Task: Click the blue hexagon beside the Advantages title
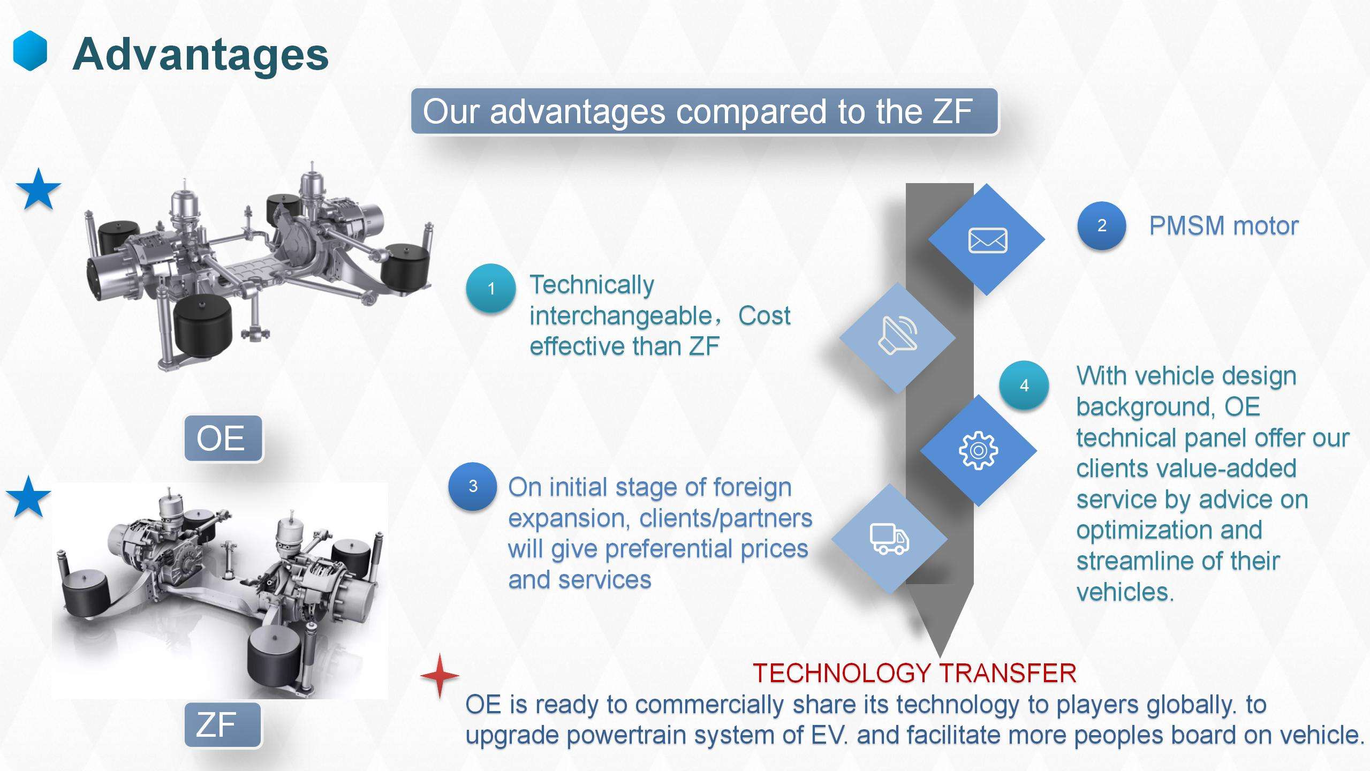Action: (30, 51)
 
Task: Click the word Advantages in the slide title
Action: (200, 54)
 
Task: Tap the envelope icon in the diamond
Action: (988, 240)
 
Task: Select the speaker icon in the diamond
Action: (898, 335)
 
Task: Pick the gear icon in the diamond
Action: (978, 450)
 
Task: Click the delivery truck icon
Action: (889, 539)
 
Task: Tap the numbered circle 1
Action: (491, 289)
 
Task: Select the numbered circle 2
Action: (1102, 225)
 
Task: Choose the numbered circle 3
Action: (473, 486)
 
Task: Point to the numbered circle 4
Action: (1024, 385)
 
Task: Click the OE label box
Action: (223, 438)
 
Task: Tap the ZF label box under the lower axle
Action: (223, 724)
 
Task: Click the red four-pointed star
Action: (440, 676)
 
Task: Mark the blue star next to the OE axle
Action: (39, 190)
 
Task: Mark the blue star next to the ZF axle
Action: (28, 497)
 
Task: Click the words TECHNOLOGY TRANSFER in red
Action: (914, 674)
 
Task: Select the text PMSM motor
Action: (1224, 226)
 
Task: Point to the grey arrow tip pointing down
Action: (940, 657)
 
